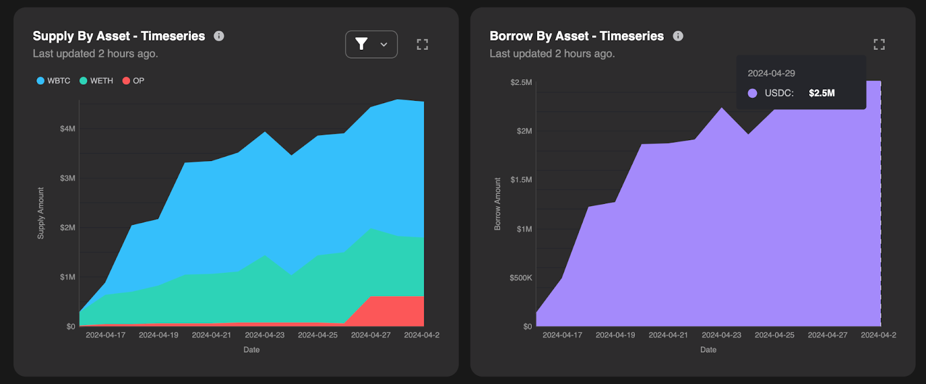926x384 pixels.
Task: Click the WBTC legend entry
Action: (x=53, y=81)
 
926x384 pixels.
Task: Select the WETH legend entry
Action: (x=96, y=81)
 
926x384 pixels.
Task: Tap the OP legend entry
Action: (x=133, y=81)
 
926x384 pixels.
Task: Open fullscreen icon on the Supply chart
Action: (x=422, y=45)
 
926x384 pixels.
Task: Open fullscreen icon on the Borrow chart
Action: (x=879, y=45)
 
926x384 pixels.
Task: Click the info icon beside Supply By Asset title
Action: (x=219, y=36)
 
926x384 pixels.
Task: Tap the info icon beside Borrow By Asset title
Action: (x=678, y=36)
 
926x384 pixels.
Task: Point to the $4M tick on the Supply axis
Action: (x=67, y=129)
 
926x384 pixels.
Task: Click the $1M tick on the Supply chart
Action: (x=67, y=277)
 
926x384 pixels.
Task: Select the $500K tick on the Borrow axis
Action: (x=520, y=278)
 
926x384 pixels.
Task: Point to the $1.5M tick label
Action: (x=521, y=180)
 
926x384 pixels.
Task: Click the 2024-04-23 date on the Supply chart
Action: (x=264, y=335)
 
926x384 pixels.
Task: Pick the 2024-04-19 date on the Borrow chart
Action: (x=615, y=335)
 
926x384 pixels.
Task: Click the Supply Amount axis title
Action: (x=41, y=213)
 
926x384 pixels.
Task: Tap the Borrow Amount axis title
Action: (x=498, y=204)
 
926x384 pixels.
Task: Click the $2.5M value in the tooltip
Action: (x=821, y=93)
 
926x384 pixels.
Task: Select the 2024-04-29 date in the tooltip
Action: (x=771, y=74)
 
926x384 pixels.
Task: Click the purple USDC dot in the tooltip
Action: (x=752, y=93)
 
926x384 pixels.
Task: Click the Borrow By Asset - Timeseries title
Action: (x=576, y=36)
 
